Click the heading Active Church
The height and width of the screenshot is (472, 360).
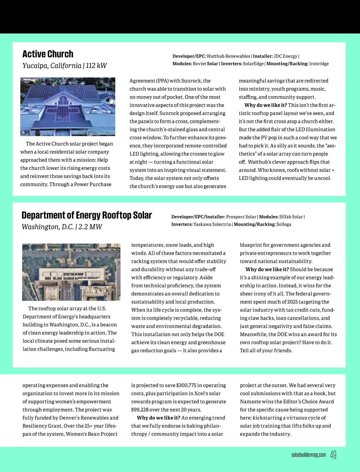click(x=48, y=54)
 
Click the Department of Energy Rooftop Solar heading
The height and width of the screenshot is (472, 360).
click(x=87, y=215)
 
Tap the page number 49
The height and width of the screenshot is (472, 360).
click(x=333, y=455)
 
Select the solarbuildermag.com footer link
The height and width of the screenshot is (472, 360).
click(x=308, y=455)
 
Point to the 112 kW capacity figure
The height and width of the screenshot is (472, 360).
click(x=96, y=66)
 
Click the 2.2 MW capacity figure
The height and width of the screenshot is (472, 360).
click(x=90, y=227)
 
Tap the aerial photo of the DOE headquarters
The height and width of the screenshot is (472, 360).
click(x=71, y=272)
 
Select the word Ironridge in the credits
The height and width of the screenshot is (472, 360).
click(x=319, y=64)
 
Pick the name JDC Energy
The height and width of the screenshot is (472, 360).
click(x=285, y=56)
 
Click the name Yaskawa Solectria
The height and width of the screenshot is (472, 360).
click(x=212, y=224)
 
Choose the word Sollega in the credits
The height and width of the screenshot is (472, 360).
click(x=284, y=224)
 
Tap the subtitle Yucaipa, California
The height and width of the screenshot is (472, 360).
click(x=52, y=66)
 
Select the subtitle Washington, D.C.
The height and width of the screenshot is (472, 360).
click(x=48, y=227)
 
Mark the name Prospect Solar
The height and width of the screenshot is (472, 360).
click(x=241, y=217)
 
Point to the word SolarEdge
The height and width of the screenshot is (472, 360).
click(x=253, y=64)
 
